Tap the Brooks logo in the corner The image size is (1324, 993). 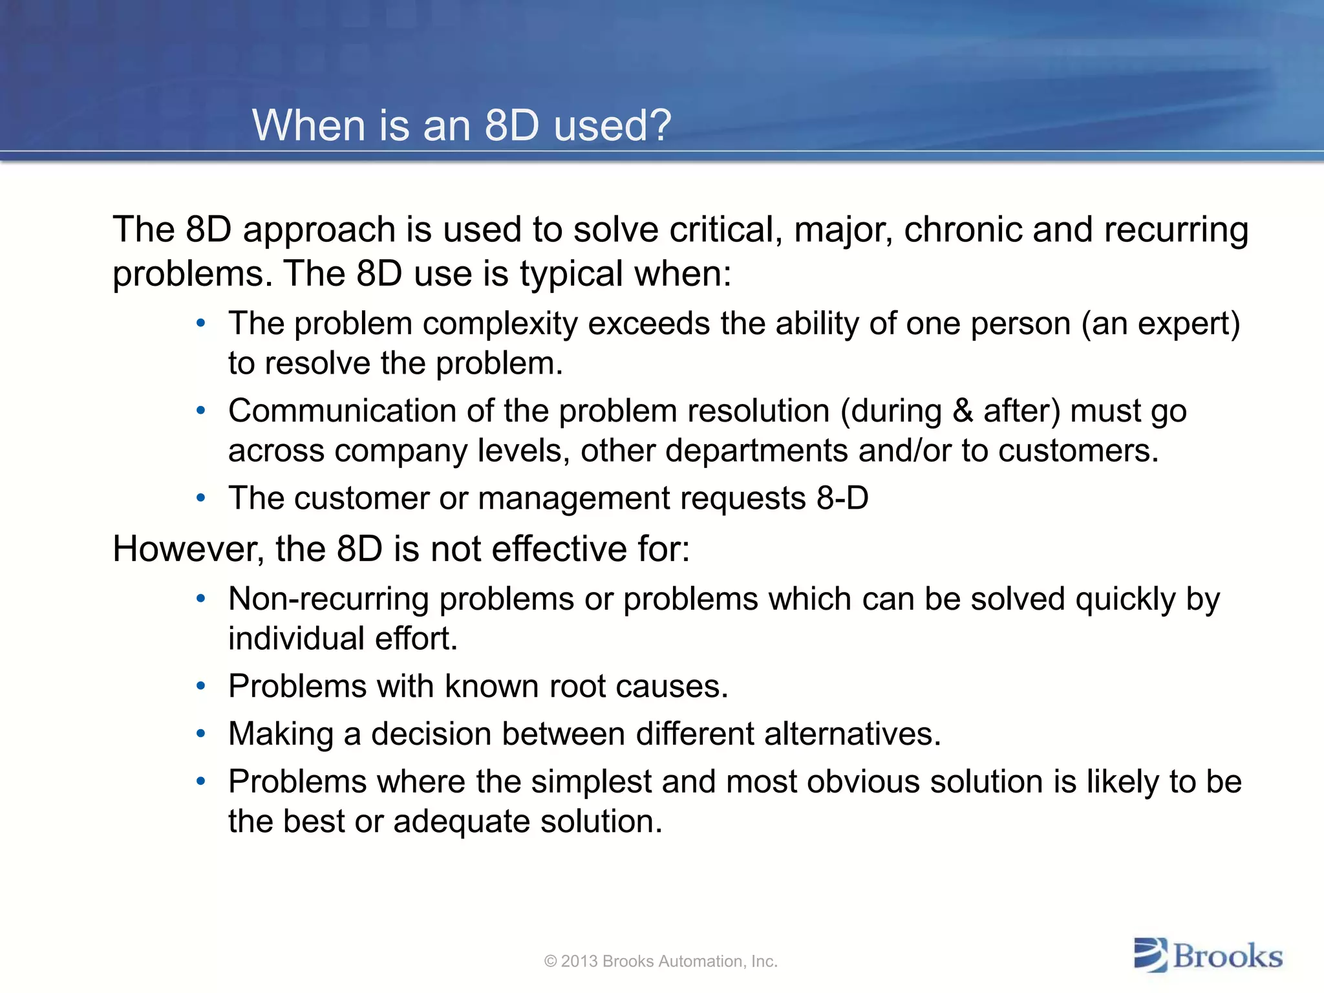1208,956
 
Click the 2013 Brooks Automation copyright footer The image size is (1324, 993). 661,961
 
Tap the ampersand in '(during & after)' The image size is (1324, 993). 963,411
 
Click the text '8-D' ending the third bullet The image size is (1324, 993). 842,498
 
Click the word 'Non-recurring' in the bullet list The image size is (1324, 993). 328,599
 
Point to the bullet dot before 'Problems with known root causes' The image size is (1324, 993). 201,686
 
